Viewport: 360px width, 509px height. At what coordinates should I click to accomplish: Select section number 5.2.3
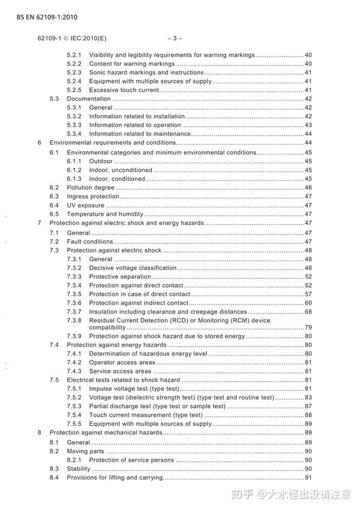(74, 73)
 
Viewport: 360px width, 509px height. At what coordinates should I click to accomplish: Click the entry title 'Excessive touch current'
(124, 90)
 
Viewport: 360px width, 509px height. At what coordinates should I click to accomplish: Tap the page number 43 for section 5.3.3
(308, 125)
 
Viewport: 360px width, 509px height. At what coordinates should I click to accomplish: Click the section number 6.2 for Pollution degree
(54, 187)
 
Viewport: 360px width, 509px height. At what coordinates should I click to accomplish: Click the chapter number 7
(40, 223)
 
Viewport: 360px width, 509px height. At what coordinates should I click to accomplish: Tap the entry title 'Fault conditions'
(89, 241)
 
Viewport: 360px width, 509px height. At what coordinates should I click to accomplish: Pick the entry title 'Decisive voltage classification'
(133, 267)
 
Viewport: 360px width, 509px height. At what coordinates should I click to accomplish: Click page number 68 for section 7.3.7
(308, 312)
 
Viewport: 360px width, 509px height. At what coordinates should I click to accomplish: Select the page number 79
(308, 327)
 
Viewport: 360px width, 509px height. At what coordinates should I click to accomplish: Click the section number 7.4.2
(74, 362)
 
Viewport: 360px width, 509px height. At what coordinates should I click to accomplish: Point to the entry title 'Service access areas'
(120, 371)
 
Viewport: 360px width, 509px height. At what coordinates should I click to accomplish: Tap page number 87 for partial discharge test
(308, 406)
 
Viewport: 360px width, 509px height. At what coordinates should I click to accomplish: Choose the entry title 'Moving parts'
(85, 451)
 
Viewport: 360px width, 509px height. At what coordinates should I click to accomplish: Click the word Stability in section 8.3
(78, 468)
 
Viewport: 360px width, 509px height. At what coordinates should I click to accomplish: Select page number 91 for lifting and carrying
(308, 477)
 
